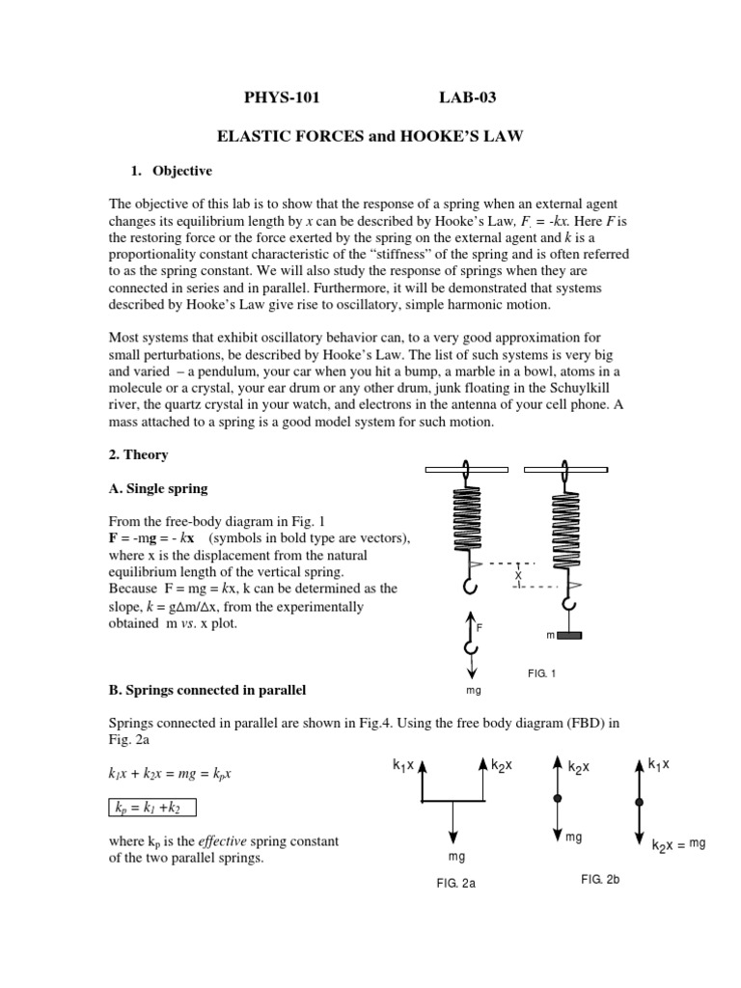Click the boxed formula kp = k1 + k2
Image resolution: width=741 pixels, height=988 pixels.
pyautogui.click(x=154, y=807)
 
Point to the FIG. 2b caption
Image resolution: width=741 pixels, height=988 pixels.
pyautogui.click(x=599, y=879)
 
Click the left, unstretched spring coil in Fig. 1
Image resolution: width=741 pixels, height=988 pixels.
pyautogui.click(x=466, y=520)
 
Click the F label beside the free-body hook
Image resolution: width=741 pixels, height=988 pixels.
pyautogui.click(x=480, y=627)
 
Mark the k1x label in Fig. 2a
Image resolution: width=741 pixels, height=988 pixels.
pyautogui.click(x=402, y=765)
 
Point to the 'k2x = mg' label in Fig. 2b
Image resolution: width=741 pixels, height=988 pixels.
pyautogui.click(x=678, y=844)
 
